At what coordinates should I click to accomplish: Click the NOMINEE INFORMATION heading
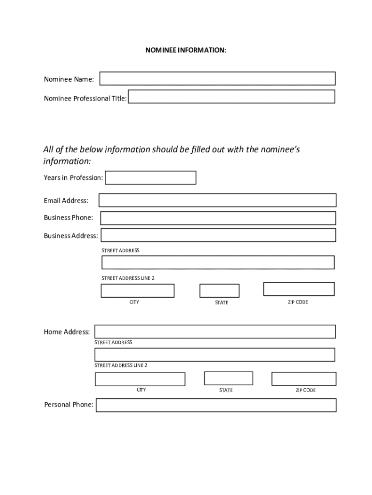point(186,50)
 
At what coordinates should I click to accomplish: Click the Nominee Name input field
point(217,79)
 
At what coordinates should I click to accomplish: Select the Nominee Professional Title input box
point(231,97)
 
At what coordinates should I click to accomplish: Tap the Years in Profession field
point(151,178)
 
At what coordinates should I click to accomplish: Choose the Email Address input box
point(217,200)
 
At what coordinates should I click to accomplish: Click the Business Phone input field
point(218,218)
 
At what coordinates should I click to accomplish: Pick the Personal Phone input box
point(216,405)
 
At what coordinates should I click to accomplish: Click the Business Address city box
point(137,291)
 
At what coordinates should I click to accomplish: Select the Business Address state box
point(219,291)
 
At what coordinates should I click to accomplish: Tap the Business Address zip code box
point(299,289)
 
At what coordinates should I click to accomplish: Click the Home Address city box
point(140,379)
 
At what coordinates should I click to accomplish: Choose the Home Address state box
point(229,379)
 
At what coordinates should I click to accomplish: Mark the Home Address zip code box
point(303,379)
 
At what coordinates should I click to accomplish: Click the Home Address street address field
point(215,332)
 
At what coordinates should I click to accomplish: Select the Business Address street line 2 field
point(218,262)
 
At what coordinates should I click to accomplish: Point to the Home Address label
point(67,332)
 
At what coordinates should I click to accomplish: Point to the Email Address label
point(66,201)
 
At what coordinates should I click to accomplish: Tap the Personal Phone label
point(69,405)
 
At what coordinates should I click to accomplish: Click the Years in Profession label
point(73,178)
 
